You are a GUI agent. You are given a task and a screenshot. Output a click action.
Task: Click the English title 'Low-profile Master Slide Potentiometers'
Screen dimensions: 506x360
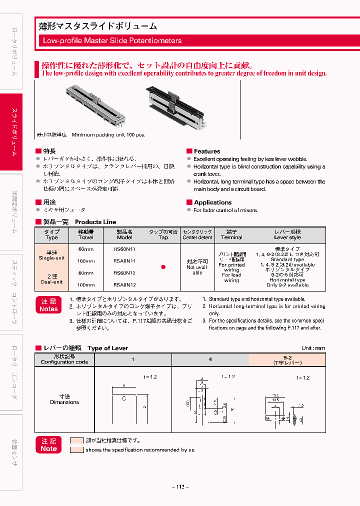pyautogui.click(x=112, y=40)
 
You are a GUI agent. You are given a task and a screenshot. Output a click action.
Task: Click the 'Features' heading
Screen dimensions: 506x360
pyautogui.click(x=206, y=151)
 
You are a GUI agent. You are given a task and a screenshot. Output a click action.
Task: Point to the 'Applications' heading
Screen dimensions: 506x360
pyautogui.click(x=212, y=202)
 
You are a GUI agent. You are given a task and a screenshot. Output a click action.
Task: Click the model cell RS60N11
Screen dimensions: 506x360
pyautogui.click(x=124, y=248)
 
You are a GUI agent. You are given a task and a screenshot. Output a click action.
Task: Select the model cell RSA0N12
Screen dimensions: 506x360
pyautogui.click(x=124, y=284)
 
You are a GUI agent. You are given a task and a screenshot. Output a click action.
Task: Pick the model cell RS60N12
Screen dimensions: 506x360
pyautogui.click(x=124, y=273)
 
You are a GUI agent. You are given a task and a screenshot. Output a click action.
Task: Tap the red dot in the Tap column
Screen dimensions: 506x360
pyautogui.click(x=163, y=267)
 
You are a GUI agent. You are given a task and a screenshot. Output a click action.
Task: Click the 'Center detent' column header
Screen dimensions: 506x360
pyautogui.click(x=197, y=235)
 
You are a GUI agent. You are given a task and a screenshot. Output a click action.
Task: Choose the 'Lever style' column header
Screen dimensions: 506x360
pyautogui.click(x=287, y=235)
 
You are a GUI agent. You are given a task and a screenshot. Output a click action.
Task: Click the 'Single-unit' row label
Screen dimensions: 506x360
pyautogui.click(x=51, y=255)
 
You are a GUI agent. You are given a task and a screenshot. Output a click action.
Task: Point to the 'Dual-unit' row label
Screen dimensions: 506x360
pyautogui.click(x=51, y=279)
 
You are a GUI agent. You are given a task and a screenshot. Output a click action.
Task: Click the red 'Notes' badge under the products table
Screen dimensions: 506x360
pyautogui.click(x=48, y=305)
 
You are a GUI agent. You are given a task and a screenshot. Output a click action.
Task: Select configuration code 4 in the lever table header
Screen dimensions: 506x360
pyautogui.click(x=210, y=359)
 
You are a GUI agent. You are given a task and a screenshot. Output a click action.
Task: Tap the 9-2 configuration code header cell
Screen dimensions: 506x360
pyautogui.click(x=287, y=359)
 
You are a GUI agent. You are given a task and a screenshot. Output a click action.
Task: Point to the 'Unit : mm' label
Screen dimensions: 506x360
pyautogui.click(x=313, y=348)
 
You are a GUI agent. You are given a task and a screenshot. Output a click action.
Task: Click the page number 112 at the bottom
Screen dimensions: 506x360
pyautogui.click(x=180, y=487)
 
